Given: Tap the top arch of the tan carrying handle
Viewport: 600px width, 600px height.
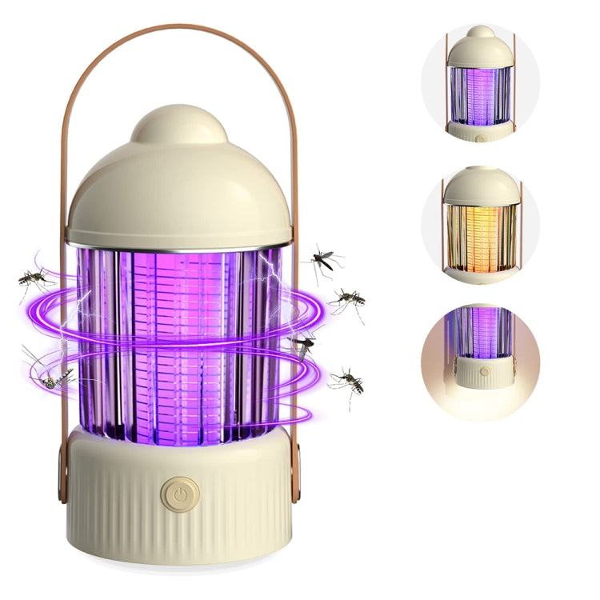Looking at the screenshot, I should tap(178, 28).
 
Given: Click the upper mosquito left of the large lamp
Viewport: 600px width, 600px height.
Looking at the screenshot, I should tap(34, 278).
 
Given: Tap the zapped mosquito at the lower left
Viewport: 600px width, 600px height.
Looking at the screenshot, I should tap(52, 378).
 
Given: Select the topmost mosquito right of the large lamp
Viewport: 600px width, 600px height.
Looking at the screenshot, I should tap(325, 258).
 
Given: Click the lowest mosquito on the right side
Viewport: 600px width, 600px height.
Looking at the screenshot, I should tap(348, 380).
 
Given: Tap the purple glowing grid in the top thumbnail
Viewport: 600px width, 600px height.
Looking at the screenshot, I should tap(481, 94).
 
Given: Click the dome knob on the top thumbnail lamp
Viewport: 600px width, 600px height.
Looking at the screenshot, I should tap(481, 32).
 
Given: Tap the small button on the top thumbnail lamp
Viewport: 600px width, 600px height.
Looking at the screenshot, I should tap(481, 137).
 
